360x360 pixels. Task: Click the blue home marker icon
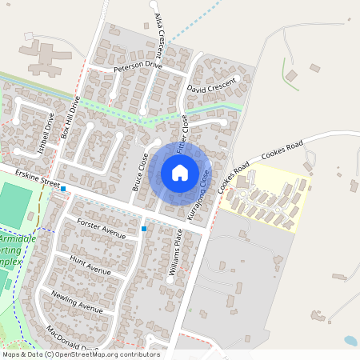[180, 173]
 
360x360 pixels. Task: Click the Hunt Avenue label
[90, 266]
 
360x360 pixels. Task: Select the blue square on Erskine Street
[63, 190]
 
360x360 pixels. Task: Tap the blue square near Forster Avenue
[144, 229]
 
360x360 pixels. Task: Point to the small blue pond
[350, 341]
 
